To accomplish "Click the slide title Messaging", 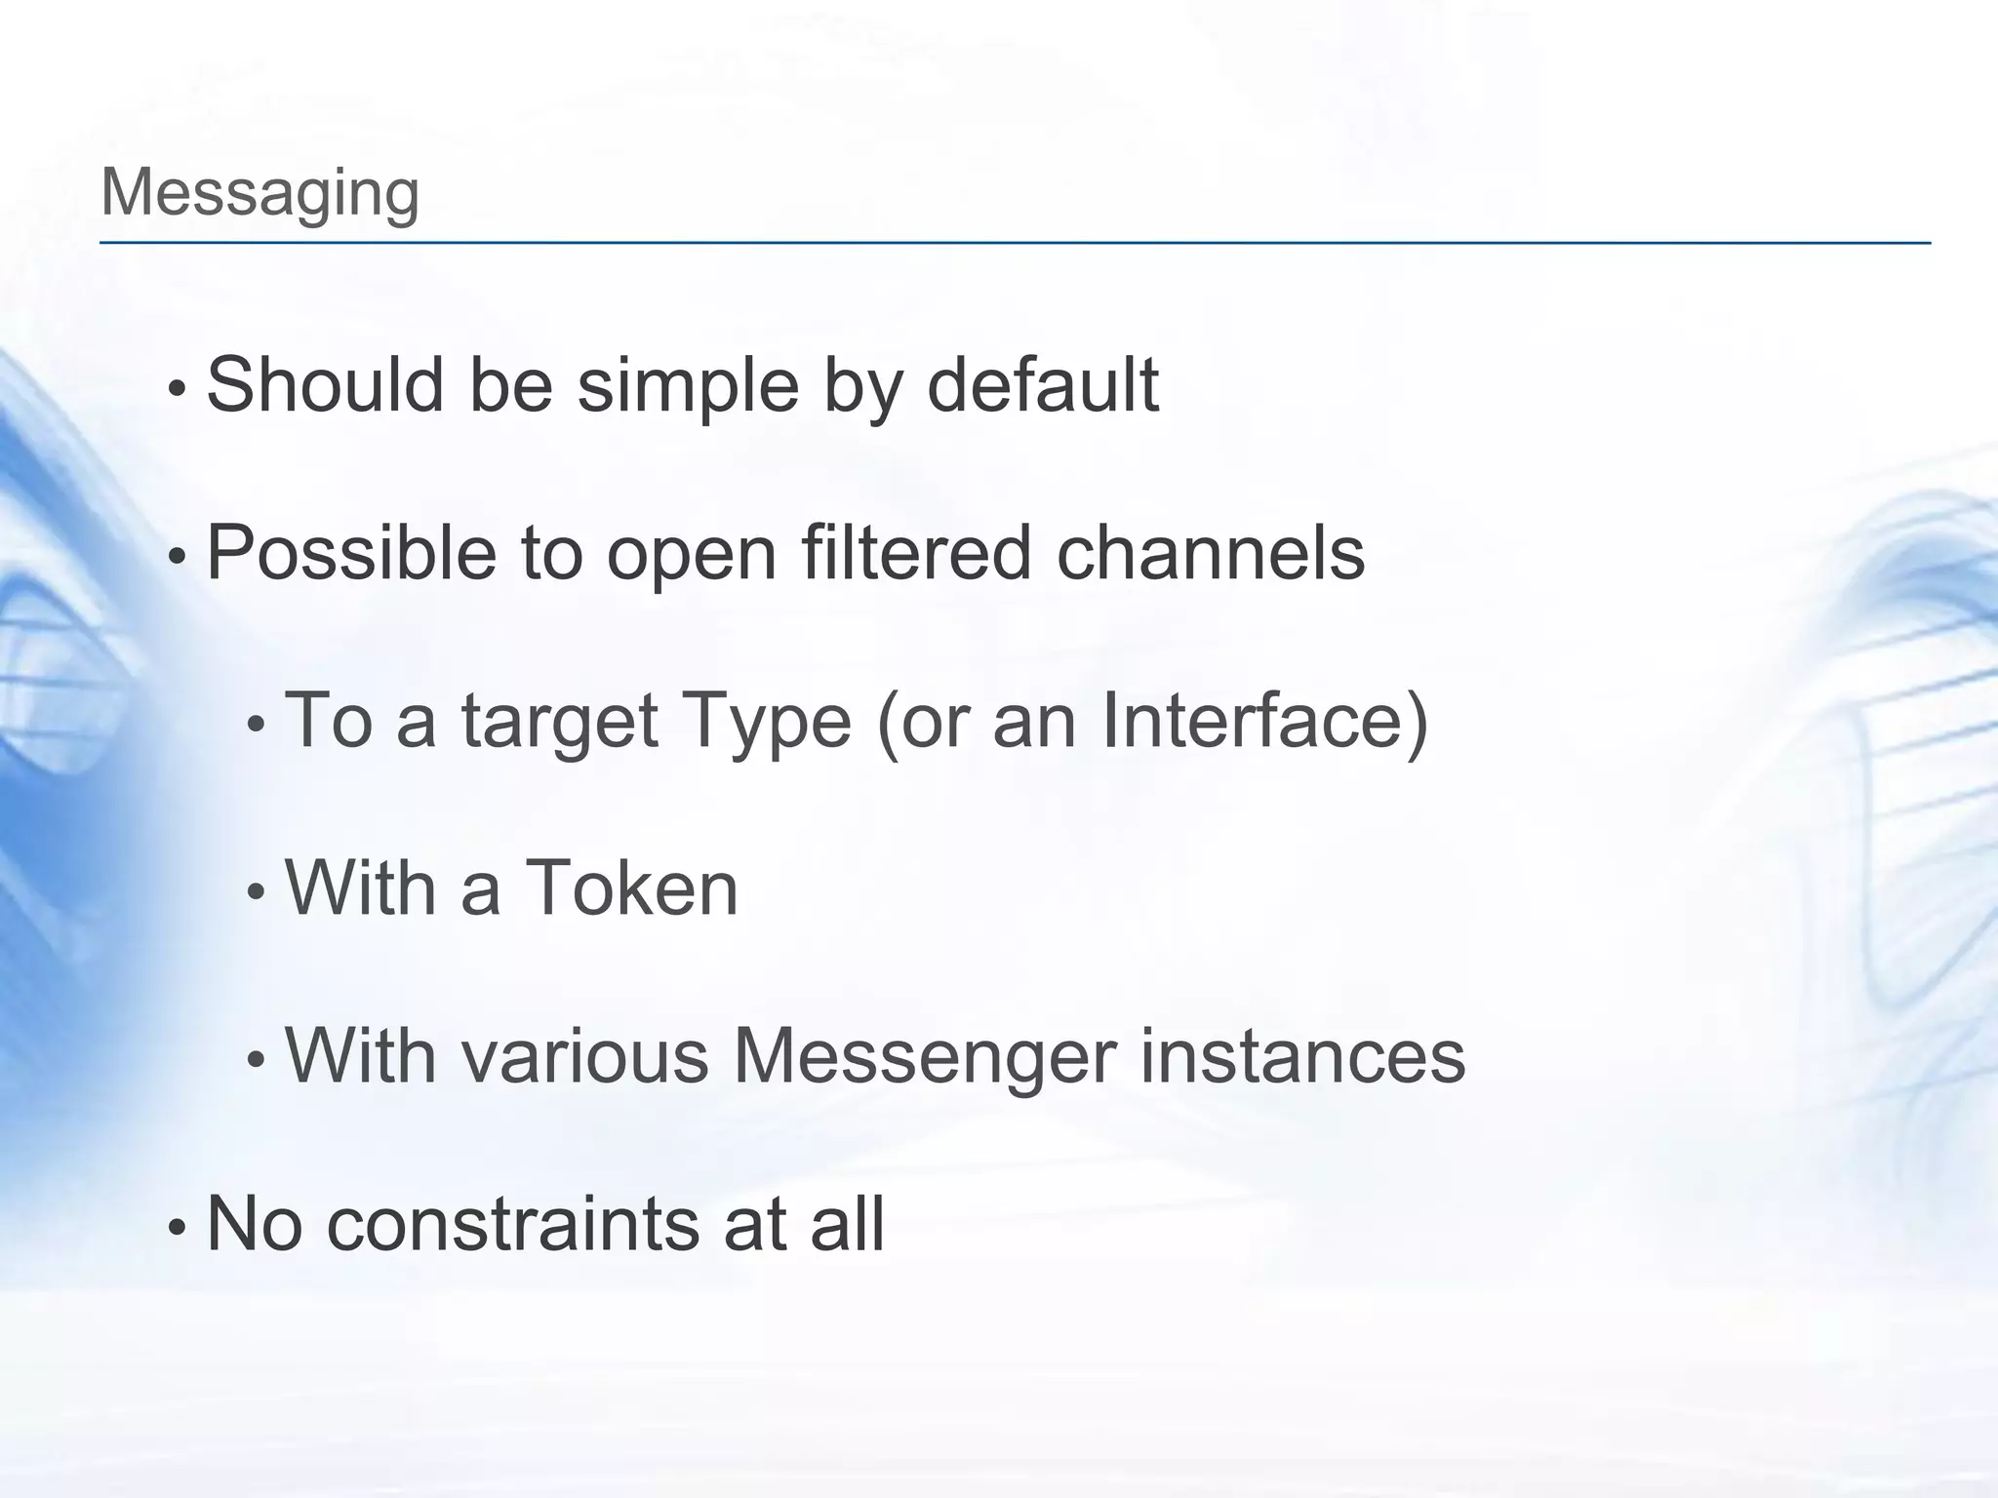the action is (260, 192).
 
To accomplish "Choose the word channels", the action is (1211, 553).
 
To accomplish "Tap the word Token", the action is (631, 887).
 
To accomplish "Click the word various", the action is (584, 1055).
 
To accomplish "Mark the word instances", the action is (1302, 1055).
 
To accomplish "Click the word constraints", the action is (512, 1223).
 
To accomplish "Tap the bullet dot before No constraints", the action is (176, 1227).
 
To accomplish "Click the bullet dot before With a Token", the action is (256, 891).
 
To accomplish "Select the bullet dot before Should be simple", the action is (176, 388).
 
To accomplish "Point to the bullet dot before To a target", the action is (256, 724).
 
